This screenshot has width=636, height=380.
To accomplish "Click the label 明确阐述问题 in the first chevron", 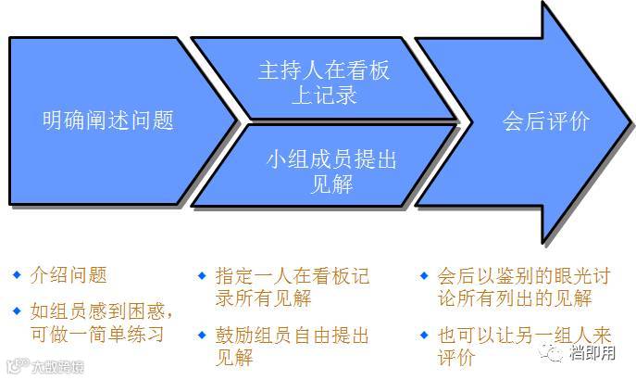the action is point(108,120).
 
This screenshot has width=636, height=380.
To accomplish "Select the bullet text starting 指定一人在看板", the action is point(291,287).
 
